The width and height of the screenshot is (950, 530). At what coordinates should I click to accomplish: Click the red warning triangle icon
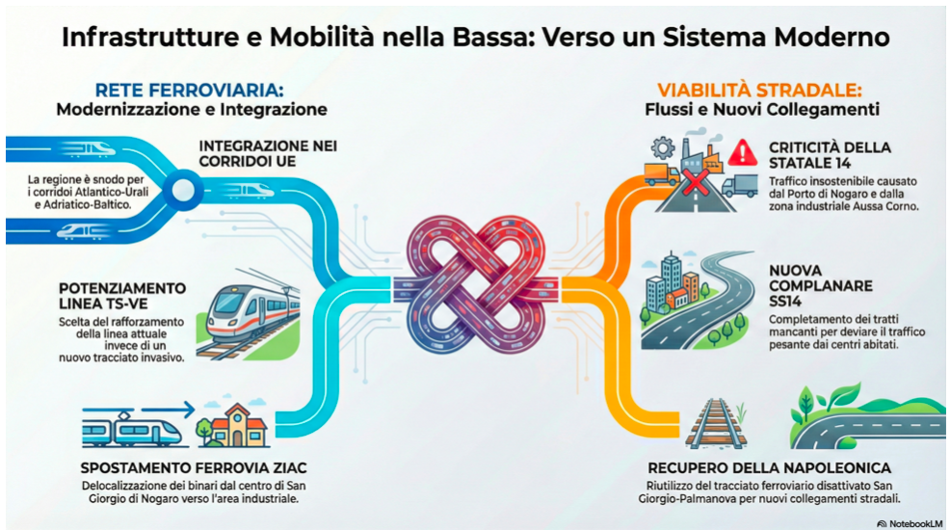743,152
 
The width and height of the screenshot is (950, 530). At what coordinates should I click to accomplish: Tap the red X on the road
696,182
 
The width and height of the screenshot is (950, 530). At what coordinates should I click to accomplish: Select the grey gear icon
664,147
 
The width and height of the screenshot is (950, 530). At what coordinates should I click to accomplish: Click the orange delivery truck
662,174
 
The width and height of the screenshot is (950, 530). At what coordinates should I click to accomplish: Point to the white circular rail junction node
183,190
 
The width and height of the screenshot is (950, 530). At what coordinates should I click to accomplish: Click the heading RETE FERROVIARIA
189,91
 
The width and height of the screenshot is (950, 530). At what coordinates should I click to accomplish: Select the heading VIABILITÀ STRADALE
760,91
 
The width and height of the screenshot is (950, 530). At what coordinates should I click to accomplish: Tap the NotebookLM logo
910,522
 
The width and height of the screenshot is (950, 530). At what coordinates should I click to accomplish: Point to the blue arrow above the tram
166,411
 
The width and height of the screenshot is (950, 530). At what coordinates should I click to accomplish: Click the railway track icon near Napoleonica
716,423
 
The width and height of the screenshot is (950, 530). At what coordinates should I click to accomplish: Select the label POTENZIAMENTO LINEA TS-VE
122,296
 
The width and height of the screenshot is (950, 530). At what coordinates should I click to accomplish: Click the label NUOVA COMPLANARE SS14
821,285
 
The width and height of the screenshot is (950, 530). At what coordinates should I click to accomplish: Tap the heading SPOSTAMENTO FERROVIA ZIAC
194,467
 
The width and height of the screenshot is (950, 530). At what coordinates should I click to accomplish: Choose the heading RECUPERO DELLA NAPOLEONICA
770,467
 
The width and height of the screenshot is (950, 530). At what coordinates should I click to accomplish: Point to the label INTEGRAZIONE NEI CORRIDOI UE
268,154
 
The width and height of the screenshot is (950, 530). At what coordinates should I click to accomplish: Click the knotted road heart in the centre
476,285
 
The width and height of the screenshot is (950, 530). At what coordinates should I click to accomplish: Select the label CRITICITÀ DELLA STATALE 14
830,155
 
